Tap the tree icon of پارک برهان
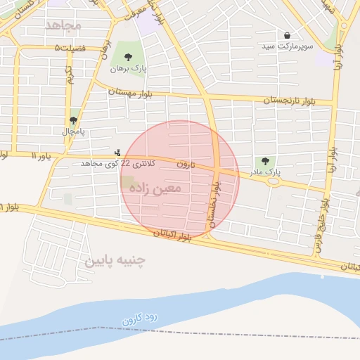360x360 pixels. click(127, 57)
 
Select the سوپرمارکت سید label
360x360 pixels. click(288, 46)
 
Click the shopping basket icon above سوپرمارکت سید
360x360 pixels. click(287, 34)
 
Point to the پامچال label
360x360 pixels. click(72, 131)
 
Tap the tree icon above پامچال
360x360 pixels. click(73, 120)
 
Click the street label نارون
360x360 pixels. click(184, 163)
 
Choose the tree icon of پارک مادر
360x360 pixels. click(265, 162)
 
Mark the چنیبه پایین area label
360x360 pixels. click(115, 261)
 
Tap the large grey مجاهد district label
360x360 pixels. click(63, 25)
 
